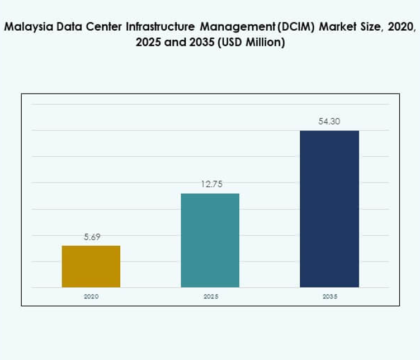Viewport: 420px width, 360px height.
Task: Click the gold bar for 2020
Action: pos(91,267)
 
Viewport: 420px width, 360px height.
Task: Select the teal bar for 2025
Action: pos(210,240)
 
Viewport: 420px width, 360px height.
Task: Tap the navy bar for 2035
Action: pos(329,209)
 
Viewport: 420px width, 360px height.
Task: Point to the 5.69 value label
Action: pos(91,237)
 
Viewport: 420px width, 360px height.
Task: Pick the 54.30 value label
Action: pos(329,122)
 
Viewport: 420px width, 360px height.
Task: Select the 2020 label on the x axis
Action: pos(91,296)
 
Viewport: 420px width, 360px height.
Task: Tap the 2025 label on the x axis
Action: pos(210,296)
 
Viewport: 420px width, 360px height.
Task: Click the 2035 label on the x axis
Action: pos(329,296)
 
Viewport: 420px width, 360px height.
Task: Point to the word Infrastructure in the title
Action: pos(155,27)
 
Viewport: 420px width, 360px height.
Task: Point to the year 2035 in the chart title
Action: pos(195,43)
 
